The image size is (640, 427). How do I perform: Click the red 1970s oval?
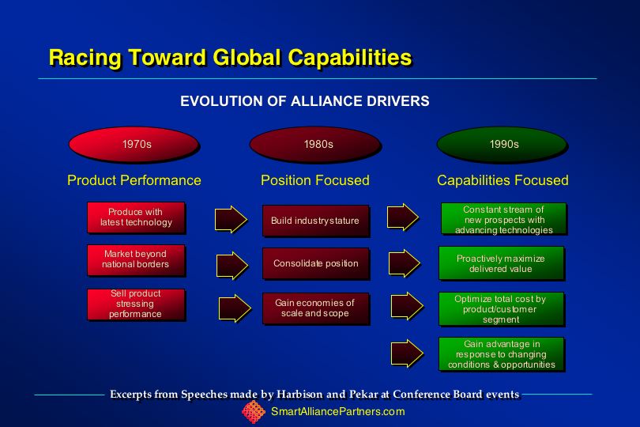pos(134,144)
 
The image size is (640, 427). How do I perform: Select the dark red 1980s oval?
pos(315,144)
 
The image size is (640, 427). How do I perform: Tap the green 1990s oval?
pos(502,144)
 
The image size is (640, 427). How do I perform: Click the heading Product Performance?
pos(134,180)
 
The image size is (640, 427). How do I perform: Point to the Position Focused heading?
pos(315,180)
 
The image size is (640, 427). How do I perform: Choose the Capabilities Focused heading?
pos(503,180)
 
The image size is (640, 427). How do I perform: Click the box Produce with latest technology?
pos(136,217)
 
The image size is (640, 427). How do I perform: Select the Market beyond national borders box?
pos(136,260)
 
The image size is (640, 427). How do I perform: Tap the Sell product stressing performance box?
pos(136,304)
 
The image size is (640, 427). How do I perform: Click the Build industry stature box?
pos(316,221)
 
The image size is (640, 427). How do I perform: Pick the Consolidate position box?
pos(316,263)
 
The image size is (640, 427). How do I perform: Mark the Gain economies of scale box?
pos(316,308)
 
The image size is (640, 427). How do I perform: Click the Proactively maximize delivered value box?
pos(502,263)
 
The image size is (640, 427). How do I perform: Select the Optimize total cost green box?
pos(502,309)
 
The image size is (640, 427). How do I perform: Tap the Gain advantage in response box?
pos(502,354)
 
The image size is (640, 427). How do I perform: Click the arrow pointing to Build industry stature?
pos(231,219)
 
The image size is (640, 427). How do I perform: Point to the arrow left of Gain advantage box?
pos(407,353)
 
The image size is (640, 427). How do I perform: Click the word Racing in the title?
pos(85,58)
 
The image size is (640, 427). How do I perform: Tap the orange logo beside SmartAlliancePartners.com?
pos(254,412)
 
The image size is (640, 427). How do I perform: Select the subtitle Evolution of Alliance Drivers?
pos(305,101)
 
